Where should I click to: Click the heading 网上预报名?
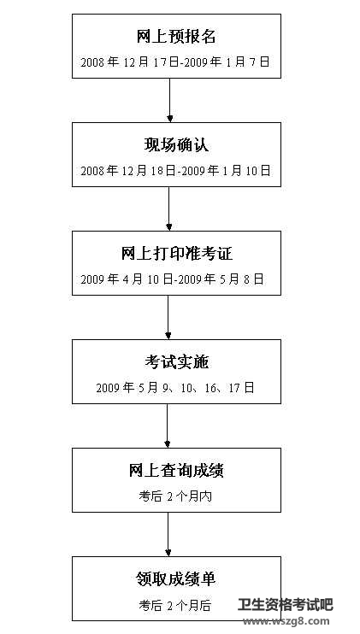pos(176,37)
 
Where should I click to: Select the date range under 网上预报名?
pos(175,62)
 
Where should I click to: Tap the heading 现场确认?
pos(176,145)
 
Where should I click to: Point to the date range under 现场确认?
pos(175,171)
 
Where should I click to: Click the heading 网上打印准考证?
pos(177,254)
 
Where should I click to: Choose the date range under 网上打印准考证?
pos(173,279)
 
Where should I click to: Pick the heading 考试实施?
pos(176,362)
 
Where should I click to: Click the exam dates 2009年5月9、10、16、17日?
pos(175,388)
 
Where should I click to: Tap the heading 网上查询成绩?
pos(176,471)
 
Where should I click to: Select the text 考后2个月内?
pos(175,496)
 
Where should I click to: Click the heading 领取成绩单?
pos(176,579)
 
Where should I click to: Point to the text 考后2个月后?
pos(175,605)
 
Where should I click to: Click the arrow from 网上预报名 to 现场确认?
pos(169,100)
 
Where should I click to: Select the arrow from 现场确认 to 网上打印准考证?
pos(168,208)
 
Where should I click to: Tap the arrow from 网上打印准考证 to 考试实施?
pos(168,317)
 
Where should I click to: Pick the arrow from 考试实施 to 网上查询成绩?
pos(168,426)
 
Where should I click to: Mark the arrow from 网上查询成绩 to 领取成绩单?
pos(168,534)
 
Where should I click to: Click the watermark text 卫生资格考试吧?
pos(285,605)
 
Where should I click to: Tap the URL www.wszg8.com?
pos(286,621)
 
